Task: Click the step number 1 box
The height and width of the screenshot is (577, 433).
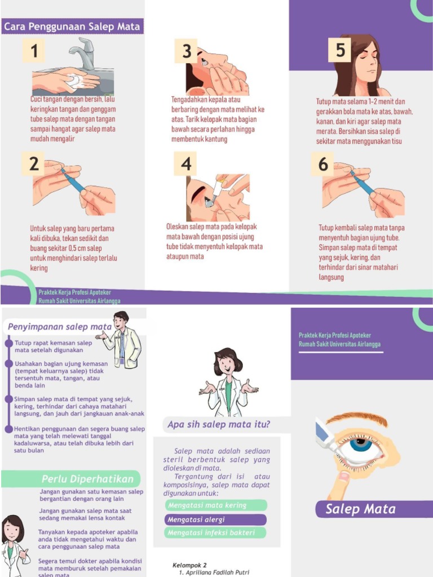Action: click(34, 51)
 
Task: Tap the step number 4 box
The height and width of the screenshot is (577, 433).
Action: click(186, 164)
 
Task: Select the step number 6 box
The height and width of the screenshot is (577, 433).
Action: click(322, 164)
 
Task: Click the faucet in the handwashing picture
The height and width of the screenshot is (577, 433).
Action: click(85, 54)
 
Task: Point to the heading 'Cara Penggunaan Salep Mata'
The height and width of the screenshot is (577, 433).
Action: click(72, 26)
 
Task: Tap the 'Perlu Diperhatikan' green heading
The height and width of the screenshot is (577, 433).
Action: click(87, 480)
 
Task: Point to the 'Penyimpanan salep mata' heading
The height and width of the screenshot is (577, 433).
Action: click(59, 327)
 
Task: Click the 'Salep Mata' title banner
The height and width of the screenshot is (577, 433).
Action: click(361, 509)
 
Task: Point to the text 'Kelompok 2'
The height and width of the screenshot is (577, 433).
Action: click(189, 565)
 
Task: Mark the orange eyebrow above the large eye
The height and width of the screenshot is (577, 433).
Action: click(356, 419)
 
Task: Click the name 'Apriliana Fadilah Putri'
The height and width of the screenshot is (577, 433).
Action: click(217, 572)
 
